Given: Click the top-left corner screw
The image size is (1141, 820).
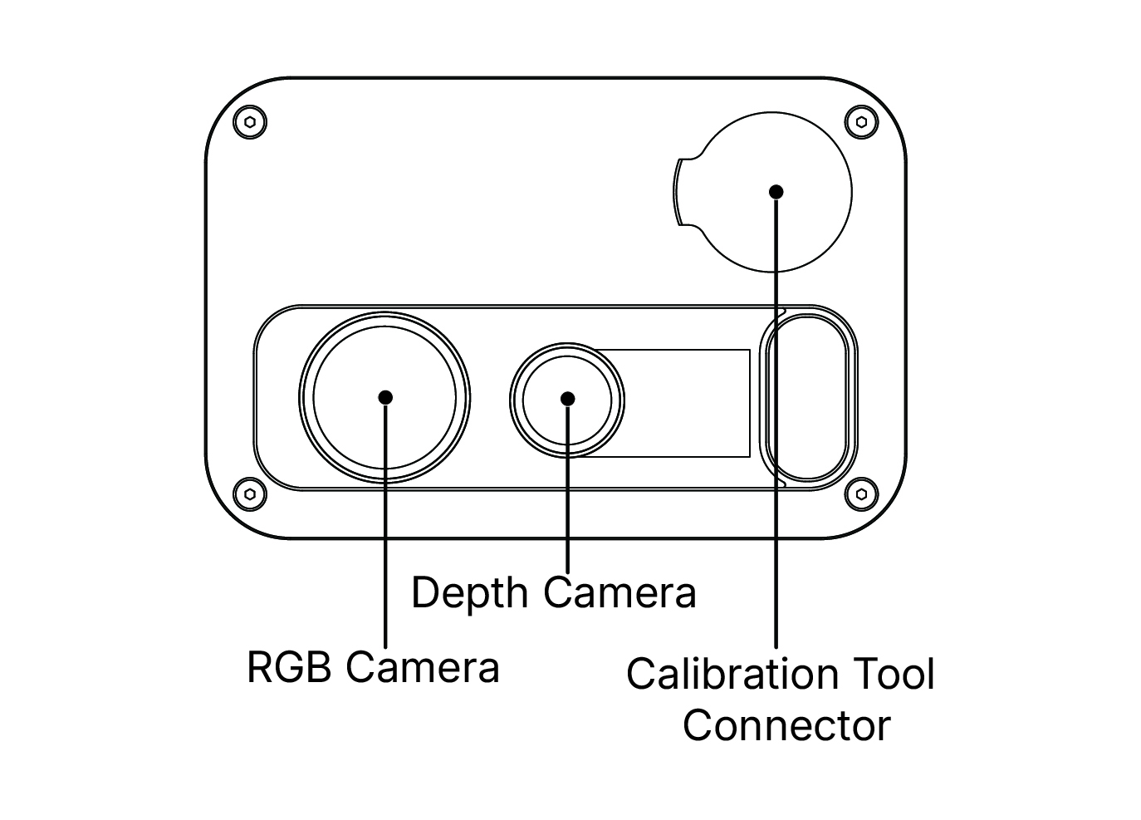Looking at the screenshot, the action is [250, 123].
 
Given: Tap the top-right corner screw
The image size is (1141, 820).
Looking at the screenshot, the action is [861, 123].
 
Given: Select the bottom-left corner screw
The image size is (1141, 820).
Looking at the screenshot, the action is [250, 493].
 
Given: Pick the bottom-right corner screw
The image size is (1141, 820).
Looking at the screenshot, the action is [861, 493].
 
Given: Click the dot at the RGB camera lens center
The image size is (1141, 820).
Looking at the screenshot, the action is [385, 397].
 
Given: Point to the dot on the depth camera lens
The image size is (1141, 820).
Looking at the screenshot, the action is [568, 399].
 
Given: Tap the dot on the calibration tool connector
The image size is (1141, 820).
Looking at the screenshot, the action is [776, 192].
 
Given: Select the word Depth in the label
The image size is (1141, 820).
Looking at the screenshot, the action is [469, 594].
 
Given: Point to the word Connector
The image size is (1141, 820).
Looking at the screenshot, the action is [786, 725].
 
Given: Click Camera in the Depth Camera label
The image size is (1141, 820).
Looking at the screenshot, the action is [619, 594].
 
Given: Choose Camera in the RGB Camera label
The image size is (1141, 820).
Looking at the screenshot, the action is [423, 667].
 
